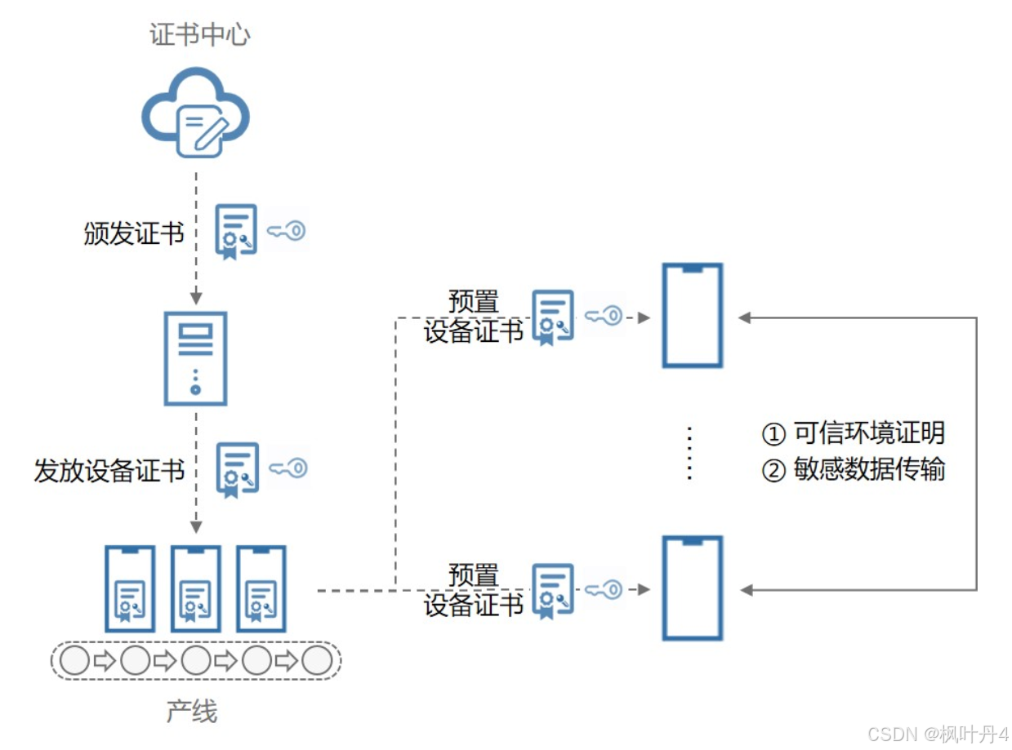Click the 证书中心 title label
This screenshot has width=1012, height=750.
point(199,34)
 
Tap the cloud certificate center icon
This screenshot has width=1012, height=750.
point(195,112)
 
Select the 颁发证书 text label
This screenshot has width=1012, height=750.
point(134,233)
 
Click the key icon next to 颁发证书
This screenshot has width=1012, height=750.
point(286,231)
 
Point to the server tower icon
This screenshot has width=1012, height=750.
point(195,358)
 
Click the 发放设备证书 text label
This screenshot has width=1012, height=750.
point(109,470)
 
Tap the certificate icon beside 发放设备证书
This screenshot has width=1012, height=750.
point(237,469)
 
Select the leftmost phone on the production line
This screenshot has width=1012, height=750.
point(130,588)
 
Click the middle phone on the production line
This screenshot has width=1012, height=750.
point(196,588)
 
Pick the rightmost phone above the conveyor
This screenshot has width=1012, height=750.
point(261,588)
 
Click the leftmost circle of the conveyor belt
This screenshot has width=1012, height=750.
point(74,659)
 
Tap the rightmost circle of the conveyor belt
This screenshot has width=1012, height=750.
point(317,659)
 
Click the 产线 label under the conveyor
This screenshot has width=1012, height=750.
point(192,711)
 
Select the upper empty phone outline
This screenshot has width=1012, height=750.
point(692,315)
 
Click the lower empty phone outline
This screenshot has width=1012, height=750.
point(692,588)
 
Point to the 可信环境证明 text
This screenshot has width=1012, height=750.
point(869,433)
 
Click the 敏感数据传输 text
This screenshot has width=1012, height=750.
point(869,469)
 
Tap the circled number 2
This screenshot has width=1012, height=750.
point(773,471)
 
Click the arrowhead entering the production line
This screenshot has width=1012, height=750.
point(196,527)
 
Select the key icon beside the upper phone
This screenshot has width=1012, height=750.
point(603,316)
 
